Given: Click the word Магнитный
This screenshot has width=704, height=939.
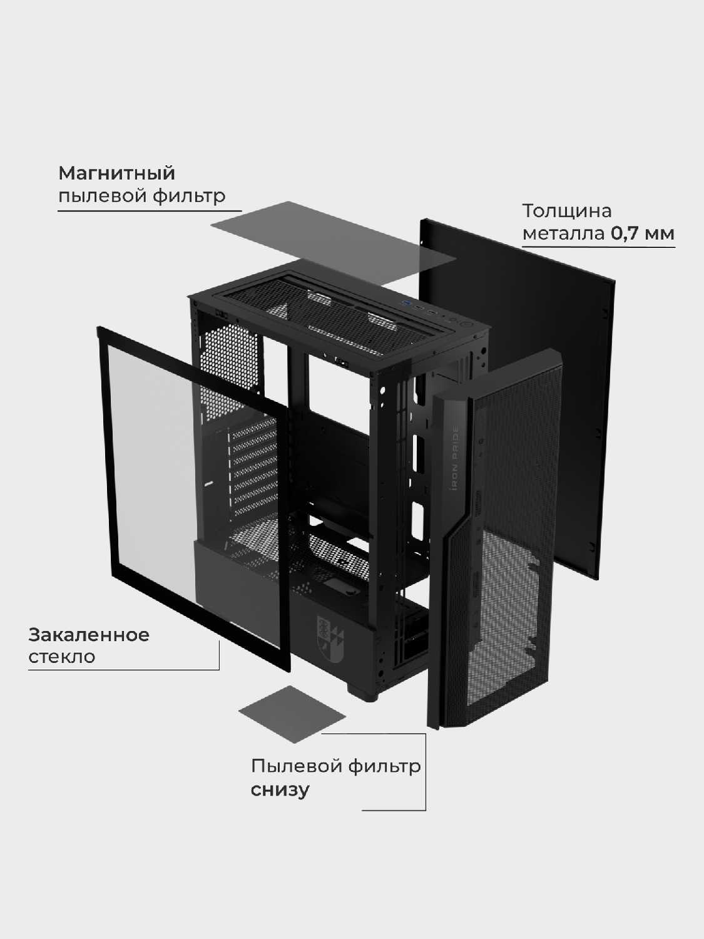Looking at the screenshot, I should (x=116, y=173).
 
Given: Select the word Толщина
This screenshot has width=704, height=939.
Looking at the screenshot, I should (x=566, y=210).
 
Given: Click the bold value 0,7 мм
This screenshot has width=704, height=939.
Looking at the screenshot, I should (x=643, y=234).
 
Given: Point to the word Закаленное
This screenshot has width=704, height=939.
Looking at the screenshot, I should (x=89, y=635).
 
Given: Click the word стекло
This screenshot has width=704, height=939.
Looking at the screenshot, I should (x=62, y=657).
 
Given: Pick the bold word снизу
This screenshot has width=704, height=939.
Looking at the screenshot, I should (x=280, y=789).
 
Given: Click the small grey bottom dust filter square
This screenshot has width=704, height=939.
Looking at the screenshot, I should (x=292, y=714).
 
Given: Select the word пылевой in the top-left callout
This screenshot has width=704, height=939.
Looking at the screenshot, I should (x=101, y=196).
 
